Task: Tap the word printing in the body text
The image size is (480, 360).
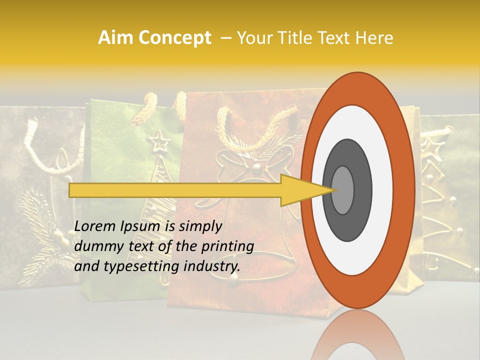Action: coord(227,246)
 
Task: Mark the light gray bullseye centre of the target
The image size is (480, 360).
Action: coord(342,190)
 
